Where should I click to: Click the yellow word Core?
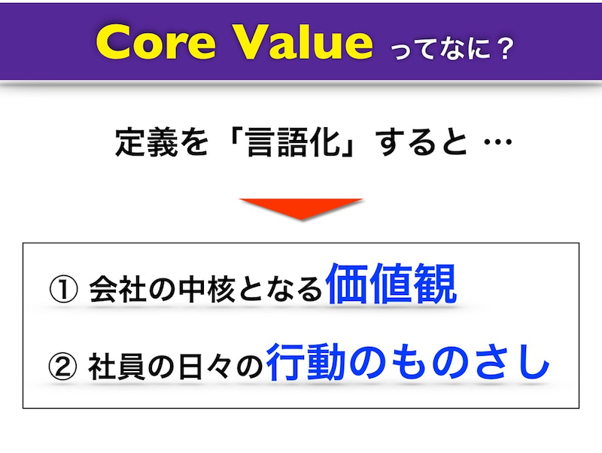click(156, 42)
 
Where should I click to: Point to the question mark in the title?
click(502, 49)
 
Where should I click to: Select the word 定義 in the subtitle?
click(147, 142)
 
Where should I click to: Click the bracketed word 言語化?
click(294, 142)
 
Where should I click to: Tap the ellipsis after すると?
click(498, 142)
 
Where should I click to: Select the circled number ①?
click(63, 290)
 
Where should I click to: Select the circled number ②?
click(62, 366)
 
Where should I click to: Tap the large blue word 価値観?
click(391, 284)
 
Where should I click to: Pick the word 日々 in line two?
click(205, 366)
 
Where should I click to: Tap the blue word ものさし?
click(449, 362)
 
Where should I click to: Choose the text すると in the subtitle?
click(421, 142)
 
